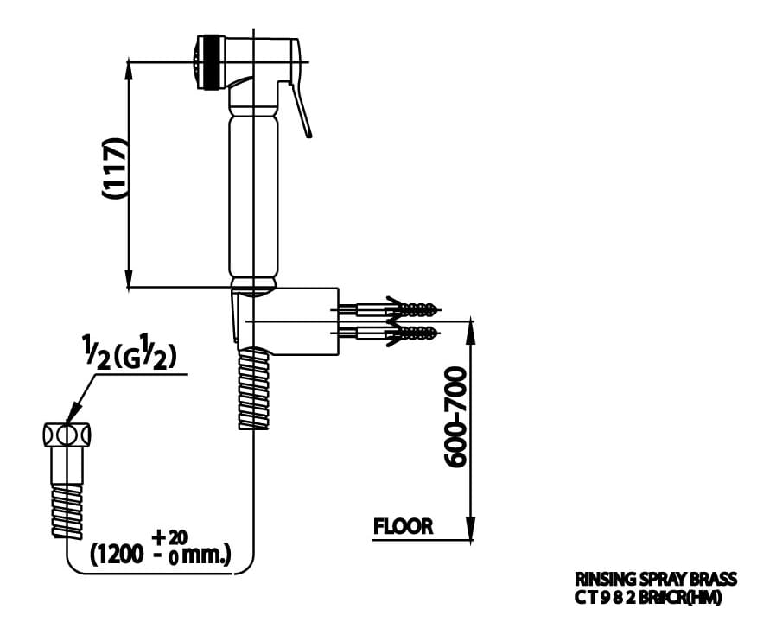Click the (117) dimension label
114,168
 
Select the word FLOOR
403,525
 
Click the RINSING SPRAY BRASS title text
656,579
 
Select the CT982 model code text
647,596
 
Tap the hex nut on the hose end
67,434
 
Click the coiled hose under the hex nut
67,510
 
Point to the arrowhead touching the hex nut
74,416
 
